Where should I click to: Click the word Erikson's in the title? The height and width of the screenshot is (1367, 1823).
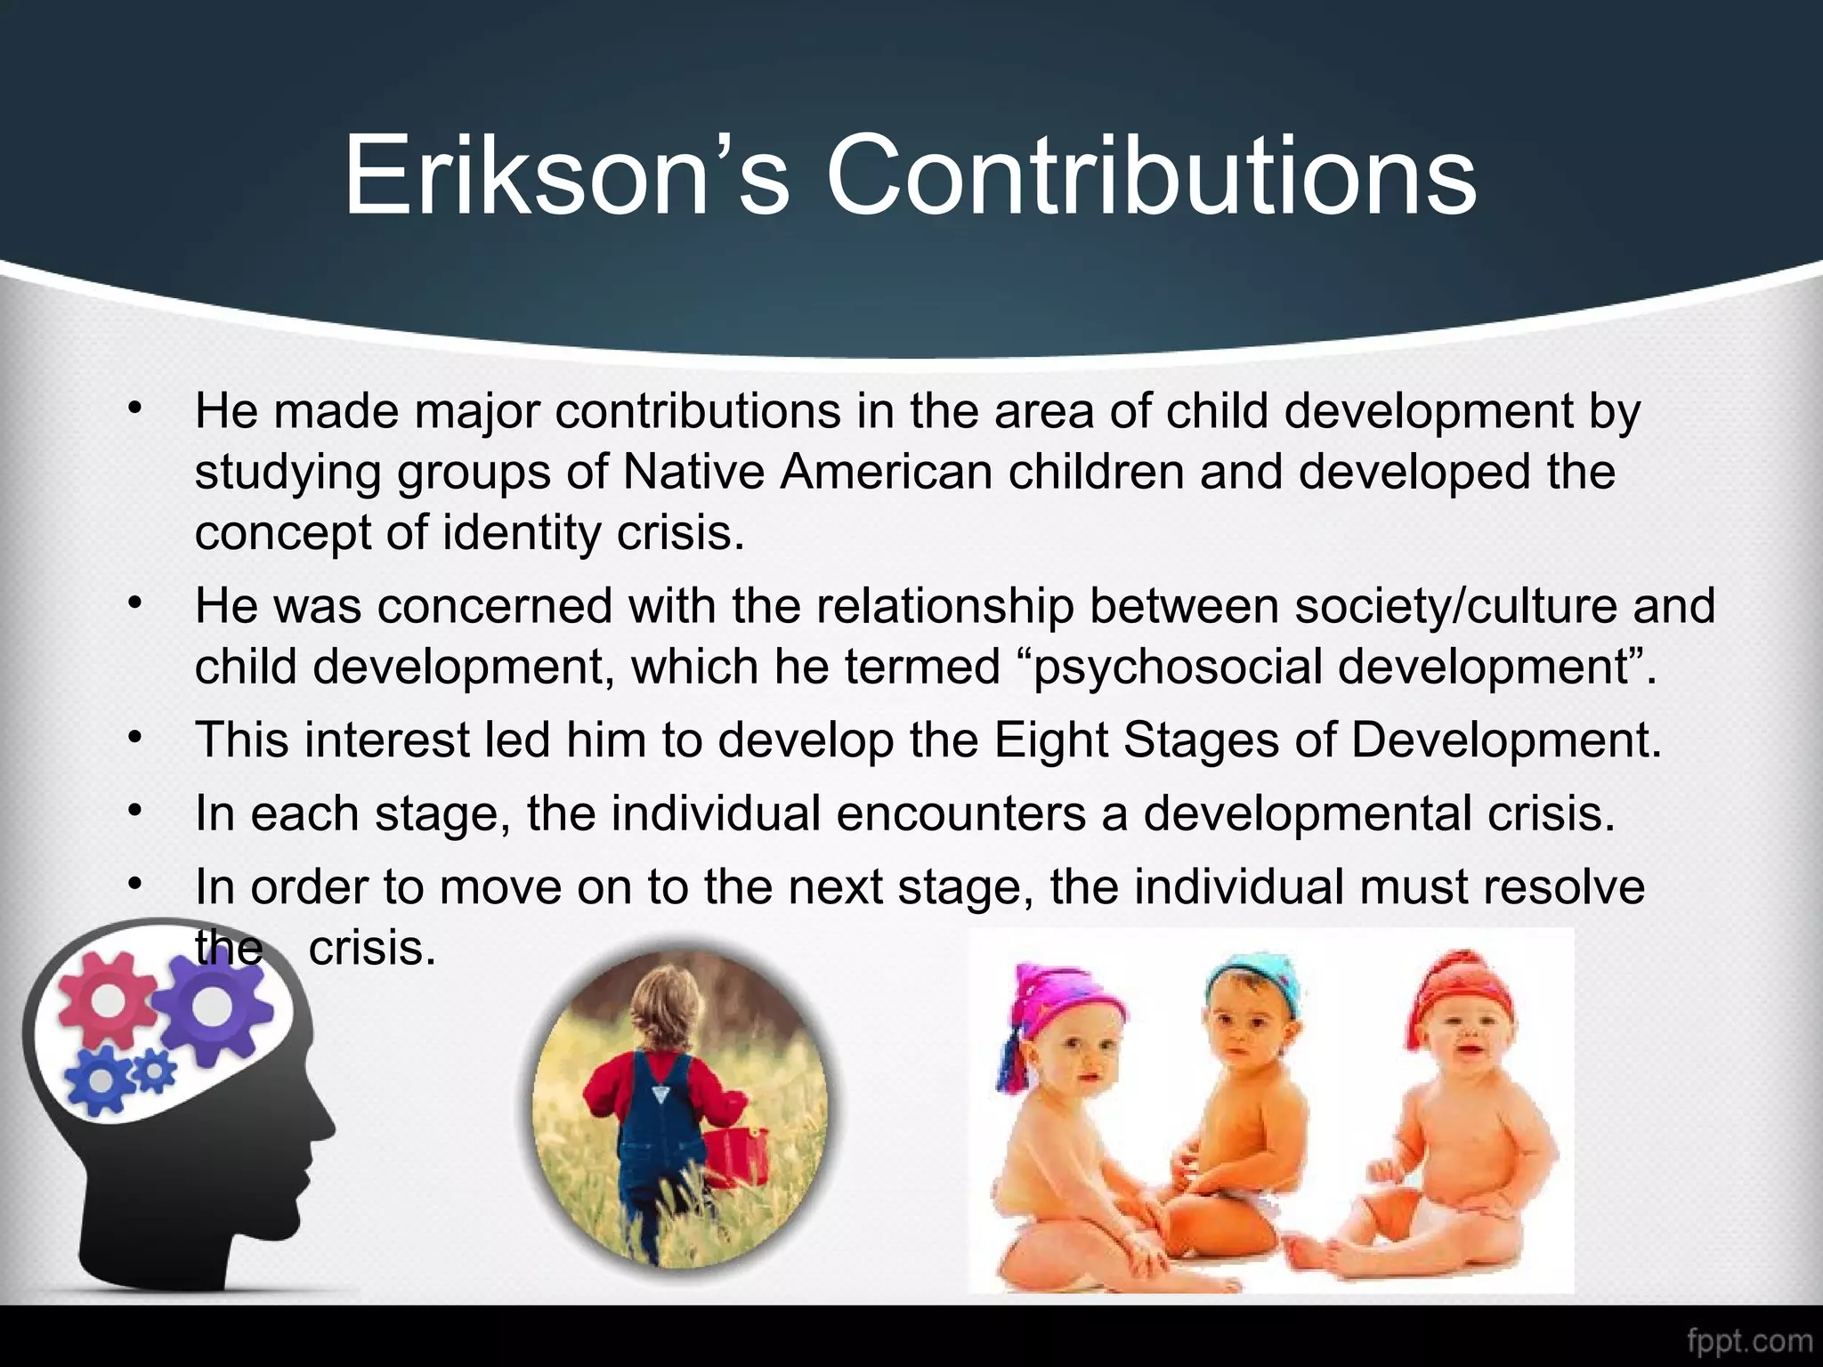coord(566,174)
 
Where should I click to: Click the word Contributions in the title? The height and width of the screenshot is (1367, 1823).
coord(1151,174)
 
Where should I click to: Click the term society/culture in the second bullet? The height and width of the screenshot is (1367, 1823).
coord(1455,606)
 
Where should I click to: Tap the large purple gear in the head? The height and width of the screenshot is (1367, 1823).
coord(211,1007)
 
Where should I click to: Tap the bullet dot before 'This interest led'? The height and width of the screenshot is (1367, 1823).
coord(134,738)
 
